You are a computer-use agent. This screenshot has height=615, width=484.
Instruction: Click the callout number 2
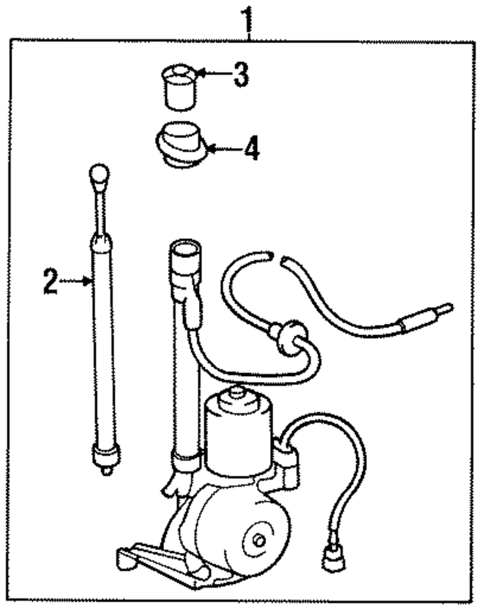(51, 281)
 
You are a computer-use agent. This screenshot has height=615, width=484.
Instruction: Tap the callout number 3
(240, 75)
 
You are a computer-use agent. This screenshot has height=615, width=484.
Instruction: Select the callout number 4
(251, 148)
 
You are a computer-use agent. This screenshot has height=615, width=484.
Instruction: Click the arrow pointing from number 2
(76, 281)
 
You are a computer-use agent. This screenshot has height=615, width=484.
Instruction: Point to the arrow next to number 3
(214, 73)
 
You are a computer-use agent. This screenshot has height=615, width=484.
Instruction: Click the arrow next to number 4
(224, 149)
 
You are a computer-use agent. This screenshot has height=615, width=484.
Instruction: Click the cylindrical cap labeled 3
(180, 88)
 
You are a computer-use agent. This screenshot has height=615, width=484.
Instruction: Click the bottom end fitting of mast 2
(106, 458)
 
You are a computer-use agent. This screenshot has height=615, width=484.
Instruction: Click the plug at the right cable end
(427, 317)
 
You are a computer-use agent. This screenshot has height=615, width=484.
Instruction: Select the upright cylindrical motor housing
(238, 433)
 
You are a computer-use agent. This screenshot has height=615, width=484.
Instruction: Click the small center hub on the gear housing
(259, 540)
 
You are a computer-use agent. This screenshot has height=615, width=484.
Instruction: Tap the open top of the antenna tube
(185, 250)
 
